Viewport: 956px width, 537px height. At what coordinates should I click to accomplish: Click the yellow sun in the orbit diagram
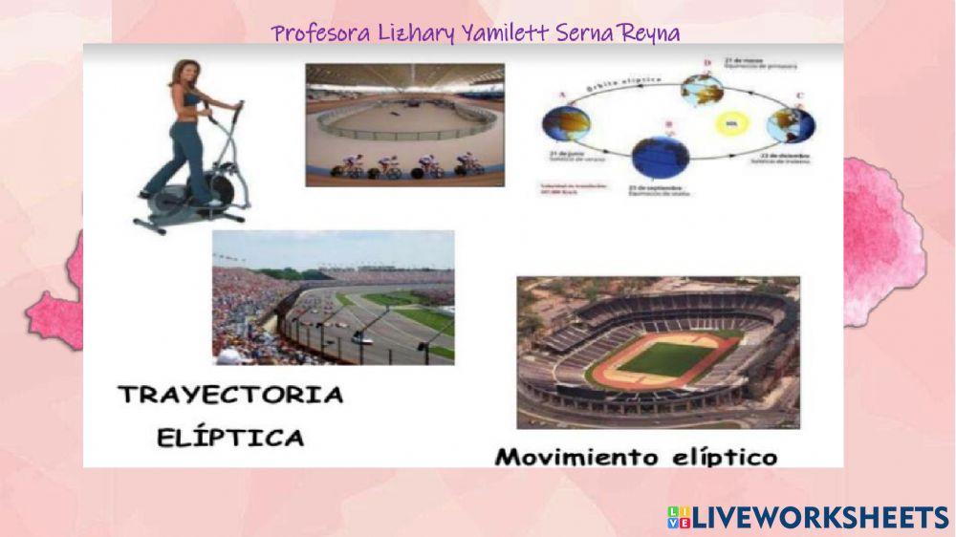point(731,124)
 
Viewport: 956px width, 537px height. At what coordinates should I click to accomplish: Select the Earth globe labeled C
point(791,124)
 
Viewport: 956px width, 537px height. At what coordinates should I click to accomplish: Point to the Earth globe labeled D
point(702,90)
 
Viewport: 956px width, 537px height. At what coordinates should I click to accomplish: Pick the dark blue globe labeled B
point(660,156)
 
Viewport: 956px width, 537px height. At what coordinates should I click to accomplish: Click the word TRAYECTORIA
point(231,395)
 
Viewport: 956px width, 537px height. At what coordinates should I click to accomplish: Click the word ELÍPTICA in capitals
point(230,439)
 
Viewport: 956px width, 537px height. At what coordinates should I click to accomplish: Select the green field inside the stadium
point(664,359)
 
